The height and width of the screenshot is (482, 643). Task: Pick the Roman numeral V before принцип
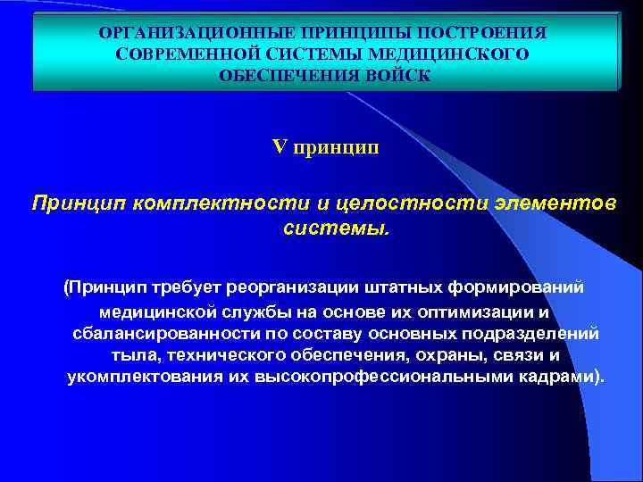pyautogui.click(x=278, y=147)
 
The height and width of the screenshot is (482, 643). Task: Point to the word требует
pyautogui.click(x=188, y=288)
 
